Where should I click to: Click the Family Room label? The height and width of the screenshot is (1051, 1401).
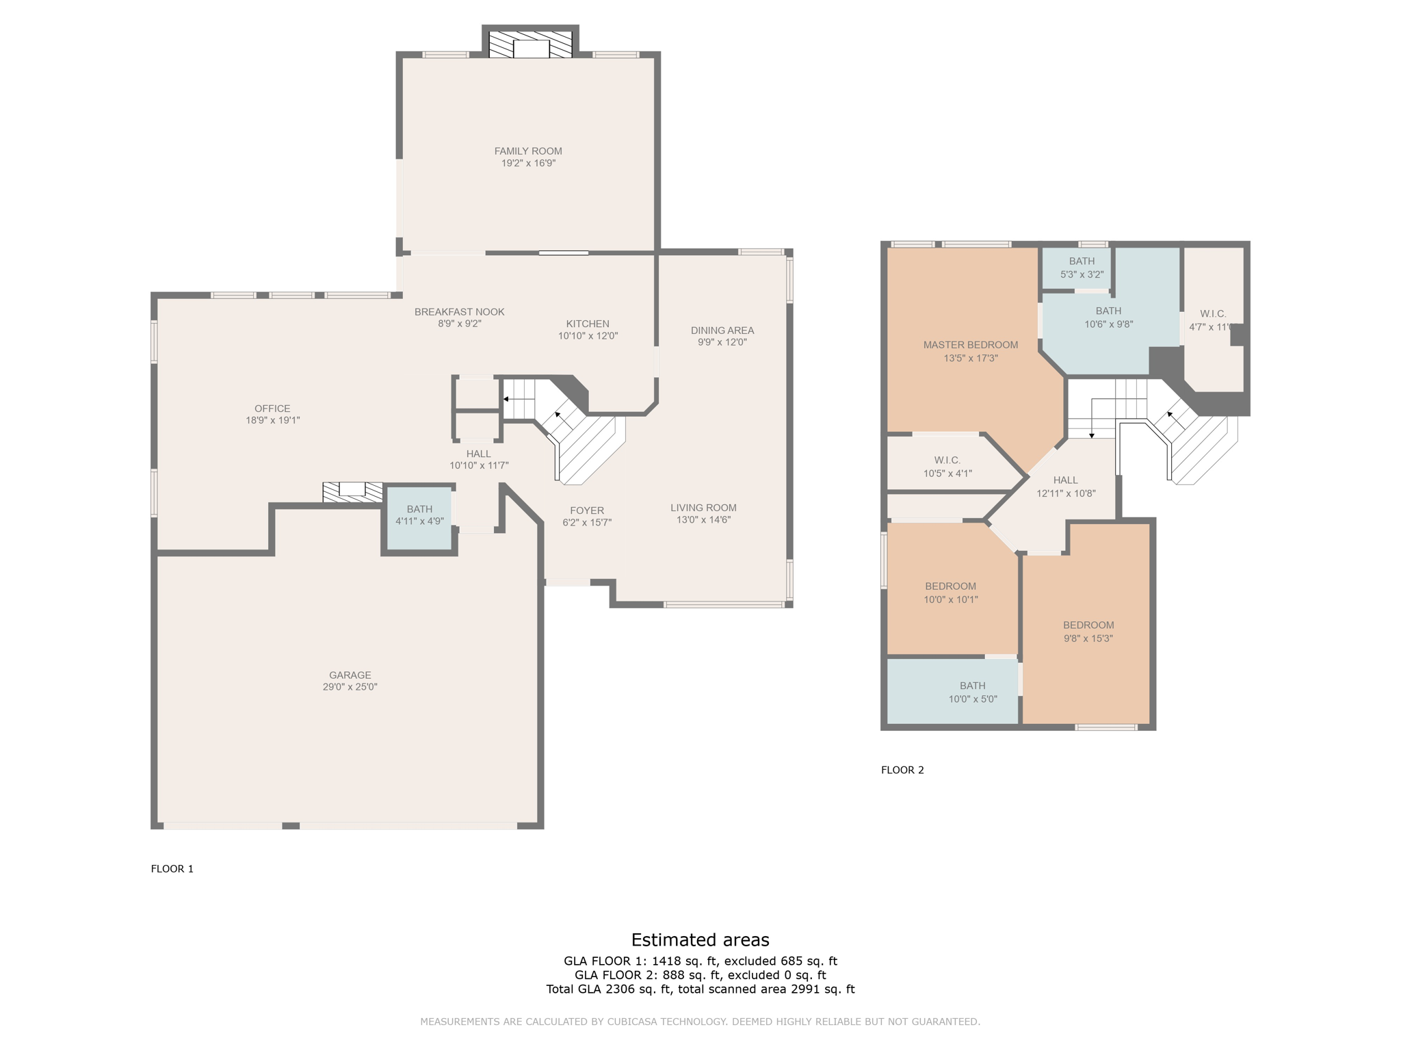(528, 151)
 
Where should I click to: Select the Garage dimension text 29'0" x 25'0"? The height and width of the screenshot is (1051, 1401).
(350, 687)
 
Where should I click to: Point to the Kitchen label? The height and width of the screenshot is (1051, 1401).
(587, 324)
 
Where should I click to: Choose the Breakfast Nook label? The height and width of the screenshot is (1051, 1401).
(459, 312)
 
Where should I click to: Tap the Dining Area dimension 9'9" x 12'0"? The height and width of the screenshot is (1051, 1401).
(722, 342)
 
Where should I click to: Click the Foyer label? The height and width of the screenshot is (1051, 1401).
(586, 510)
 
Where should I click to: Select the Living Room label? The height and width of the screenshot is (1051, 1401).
(703, 508)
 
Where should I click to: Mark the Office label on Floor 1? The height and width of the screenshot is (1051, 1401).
(272, 408)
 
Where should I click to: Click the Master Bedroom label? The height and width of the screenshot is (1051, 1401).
(970, 345)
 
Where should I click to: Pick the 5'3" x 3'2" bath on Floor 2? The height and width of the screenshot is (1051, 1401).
(1081, 268)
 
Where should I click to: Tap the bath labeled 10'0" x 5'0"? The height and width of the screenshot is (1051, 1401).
(972, 692)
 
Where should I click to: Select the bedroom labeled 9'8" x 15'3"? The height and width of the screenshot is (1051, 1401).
(1088, 631)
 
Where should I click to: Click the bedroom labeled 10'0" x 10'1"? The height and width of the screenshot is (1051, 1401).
(950, 593)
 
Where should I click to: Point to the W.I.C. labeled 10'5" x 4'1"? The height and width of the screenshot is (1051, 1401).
(947, 467)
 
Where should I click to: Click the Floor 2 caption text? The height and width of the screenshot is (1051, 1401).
(902, 770)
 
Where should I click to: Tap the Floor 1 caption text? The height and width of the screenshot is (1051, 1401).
(172, 869)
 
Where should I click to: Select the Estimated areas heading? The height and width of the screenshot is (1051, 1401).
(700, 939)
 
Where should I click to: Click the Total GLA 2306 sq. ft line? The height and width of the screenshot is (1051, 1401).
(700, 989)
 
